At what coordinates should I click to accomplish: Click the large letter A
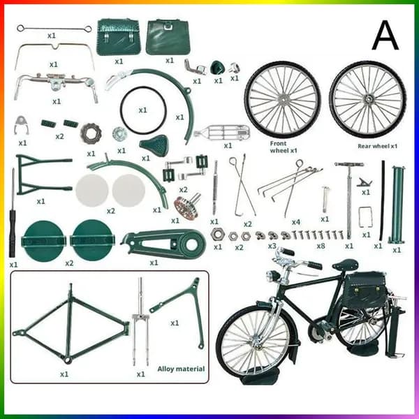coord(385,36)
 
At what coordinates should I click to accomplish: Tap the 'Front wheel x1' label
coord(284,147)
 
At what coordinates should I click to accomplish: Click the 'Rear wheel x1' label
coord(378,146)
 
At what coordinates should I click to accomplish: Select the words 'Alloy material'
coord(181,369)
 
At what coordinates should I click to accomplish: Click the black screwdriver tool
coord(13,214)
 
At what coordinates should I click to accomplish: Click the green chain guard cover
coord(163,243)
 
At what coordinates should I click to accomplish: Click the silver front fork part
coord(140,321)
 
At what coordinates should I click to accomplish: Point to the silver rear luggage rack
coord(223,132)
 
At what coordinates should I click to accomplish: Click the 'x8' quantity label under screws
coord(321,246)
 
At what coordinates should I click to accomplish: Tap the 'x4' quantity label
coord(296,222)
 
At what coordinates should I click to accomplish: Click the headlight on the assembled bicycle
coord(272,275)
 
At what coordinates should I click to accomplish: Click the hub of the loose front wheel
coord(282,99)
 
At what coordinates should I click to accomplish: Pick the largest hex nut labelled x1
coord(217,235)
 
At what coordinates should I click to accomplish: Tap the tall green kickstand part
coord(397,205)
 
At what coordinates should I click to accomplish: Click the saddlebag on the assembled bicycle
coord(364,288)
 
